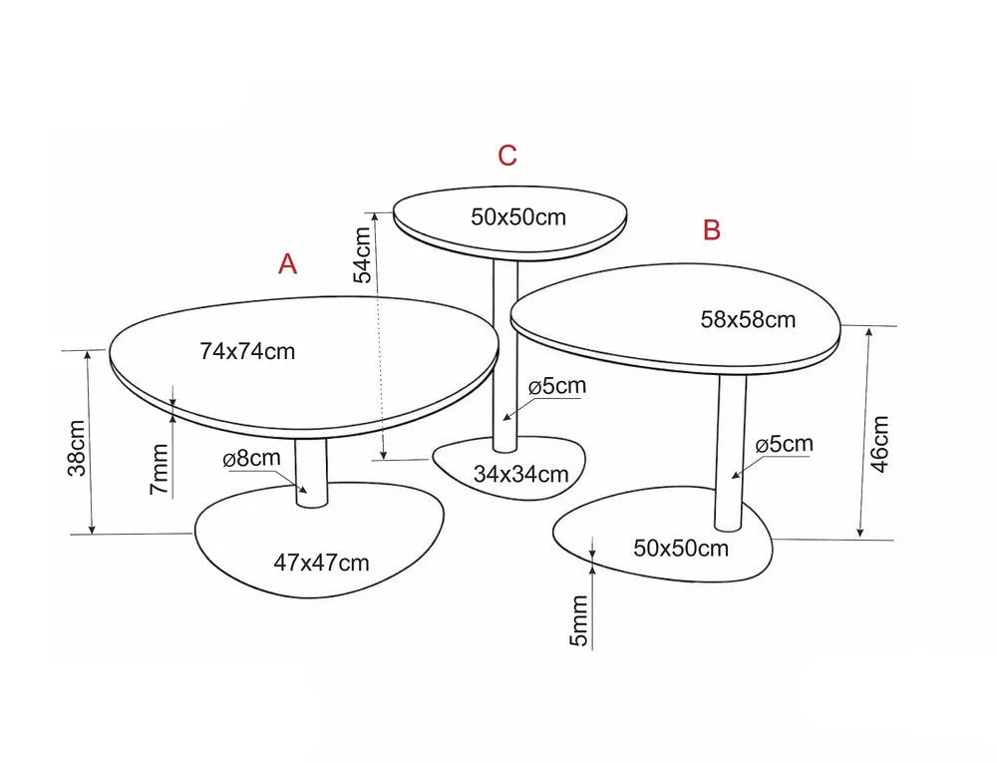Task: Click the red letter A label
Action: pos(287,264)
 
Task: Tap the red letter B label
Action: pos(712,229)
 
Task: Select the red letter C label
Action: pos(507,156)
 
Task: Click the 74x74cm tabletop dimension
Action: pos(247,352)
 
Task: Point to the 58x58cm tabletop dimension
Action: pos(748,319)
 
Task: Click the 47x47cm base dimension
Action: pos(321,563)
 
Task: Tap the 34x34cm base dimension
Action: pos(520,474)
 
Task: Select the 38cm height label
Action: pos(77,448)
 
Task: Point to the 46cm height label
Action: pos(879,444)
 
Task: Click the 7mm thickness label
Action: pos(159,469)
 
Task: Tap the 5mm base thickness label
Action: pos(578,620)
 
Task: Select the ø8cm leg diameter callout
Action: pos(252,459)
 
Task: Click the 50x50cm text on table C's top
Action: pos(518,216)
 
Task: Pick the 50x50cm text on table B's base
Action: pos(681,549)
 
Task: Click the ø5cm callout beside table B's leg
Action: pos(784,444)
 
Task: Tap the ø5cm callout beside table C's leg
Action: pos(557,386)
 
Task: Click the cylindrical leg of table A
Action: pos(311,473)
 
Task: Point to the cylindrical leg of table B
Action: pos(730,453)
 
